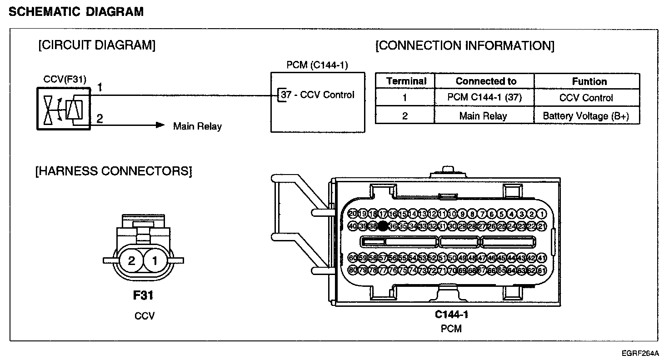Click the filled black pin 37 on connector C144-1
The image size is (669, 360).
383,226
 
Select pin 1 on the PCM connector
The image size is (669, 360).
541,214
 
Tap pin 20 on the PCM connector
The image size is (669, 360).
353,214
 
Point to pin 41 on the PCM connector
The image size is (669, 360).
541,258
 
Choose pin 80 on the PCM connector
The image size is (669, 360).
353,270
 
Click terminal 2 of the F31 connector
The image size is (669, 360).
131,261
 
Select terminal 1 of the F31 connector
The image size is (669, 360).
155,261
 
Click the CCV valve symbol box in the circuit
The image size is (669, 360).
63,109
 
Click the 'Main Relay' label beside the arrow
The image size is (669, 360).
197,126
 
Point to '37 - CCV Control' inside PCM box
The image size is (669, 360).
317,95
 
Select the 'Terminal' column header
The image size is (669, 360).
406,81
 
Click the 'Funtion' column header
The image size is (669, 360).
589,81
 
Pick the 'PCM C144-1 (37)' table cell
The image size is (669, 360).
484,98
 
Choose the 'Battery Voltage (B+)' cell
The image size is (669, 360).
586,116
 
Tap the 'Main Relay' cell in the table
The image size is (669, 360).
483,116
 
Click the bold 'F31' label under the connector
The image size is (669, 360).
143,295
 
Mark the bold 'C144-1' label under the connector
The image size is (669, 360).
451,314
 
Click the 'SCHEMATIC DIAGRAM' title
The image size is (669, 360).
76,12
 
